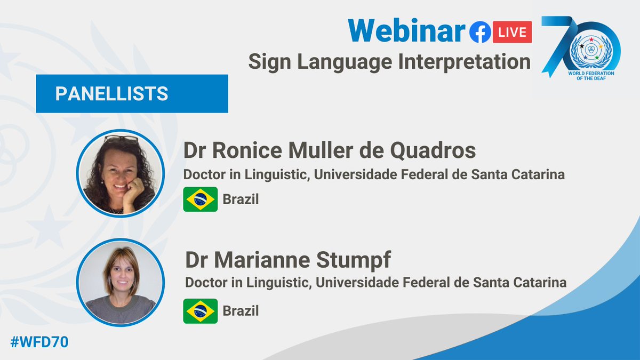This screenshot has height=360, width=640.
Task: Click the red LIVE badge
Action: [x=513, y=33]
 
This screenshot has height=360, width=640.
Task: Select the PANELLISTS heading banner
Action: [x=132, y=93]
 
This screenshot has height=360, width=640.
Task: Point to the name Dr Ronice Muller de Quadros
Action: [x=329, y=151]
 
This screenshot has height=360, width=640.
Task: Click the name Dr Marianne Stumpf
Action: [x=288, y=261]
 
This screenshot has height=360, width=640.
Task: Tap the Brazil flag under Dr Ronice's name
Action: [x=200, y=199]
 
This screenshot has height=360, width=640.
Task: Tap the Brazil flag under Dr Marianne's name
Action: [x=200, y=311]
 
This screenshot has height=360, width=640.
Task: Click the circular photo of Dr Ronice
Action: [x=120, y=173]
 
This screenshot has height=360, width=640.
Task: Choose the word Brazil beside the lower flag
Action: [x=241, y=310]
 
